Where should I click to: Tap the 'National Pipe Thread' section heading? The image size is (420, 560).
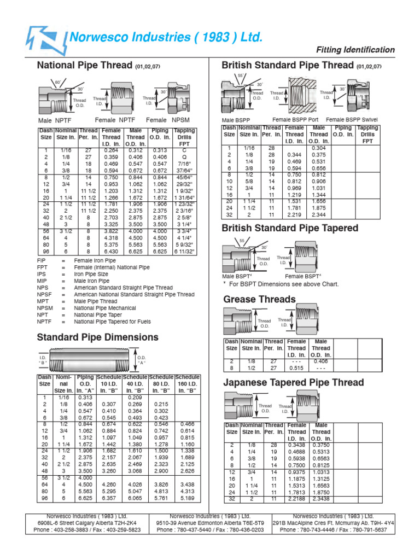click(84, 66)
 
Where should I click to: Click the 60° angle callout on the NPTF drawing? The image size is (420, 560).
click(59, 82)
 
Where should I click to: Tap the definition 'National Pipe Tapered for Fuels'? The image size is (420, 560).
click(113, 322)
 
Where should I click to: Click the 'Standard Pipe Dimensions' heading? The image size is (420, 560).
click(97, 337)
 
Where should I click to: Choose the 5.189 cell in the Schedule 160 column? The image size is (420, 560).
click(187, 498)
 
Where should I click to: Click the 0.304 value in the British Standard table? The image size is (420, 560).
click(318, 148)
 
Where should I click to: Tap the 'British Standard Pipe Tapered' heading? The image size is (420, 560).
click(290, 227)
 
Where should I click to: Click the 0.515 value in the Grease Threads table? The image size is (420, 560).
click(296, 368)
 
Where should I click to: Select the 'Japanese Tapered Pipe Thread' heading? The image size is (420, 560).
click(293, 382)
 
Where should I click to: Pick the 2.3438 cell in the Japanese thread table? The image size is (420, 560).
click(321, 498)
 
